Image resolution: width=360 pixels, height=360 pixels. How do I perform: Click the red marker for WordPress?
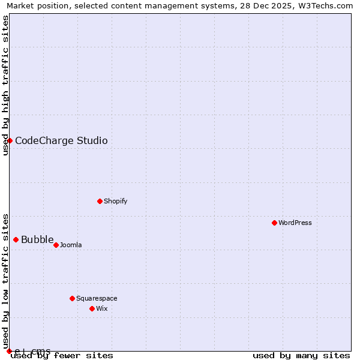tap(274, 223)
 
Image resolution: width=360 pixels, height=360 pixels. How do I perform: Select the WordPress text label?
tap(295, 223)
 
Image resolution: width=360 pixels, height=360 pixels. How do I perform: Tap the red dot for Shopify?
tap(100, 201)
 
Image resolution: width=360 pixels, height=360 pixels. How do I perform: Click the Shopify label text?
tap(115, 201)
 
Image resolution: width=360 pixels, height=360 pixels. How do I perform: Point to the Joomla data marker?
tap(56, 245)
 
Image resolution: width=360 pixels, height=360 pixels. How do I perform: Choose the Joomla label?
tap(71, 245)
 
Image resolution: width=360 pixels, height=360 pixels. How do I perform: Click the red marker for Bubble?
tap(16, 239)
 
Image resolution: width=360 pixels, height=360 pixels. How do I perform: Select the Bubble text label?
tap(37, 240)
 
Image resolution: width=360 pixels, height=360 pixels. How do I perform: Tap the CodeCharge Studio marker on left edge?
tap(10, 140)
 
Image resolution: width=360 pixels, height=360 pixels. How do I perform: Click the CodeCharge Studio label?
tap(61, 141)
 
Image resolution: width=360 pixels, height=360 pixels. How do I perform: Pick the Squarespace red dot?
tap(72, 298)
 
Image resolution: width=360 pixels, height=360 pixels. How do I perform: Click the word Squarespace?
tap(97, 298)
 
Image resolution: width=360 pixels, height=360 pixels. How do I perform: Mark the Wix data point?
tap(92, 308)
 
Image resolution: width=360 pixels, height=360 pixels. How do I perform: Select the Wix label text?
tap(102, 308)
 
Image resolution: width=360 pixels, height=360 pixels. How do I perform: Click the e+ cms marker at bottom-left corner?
tap(9, 351)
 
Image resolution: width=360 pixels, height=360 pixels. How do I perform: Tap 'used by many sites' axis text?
tap(301, 355)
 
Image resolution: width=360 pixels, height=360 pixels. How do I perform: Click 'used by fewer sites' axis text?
tap(62, 355)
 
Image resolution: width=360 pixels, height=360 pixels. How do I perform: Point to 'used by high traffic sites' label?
tap(5, 85)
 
